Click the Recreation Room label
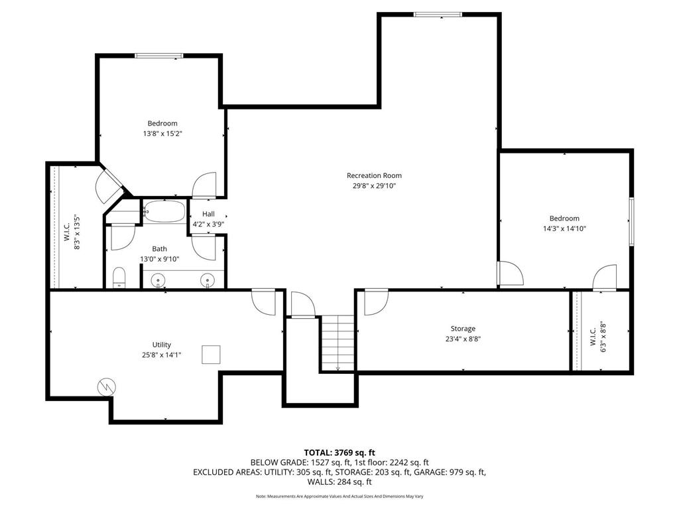374,175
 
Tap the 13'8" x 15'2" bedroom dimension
162,133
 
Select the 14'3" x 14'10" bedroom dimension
564,228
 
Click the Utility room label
162,345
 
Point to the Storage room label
463,329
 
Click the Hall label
208,214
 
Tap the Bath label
159,248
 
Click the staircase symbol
338,343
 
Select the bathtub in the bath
164,211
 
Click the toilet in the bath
120,278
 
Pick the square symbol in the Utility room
212,355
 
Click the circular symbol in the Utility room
106,386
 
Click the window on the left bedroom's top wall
158,56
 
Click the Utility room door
264,300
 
